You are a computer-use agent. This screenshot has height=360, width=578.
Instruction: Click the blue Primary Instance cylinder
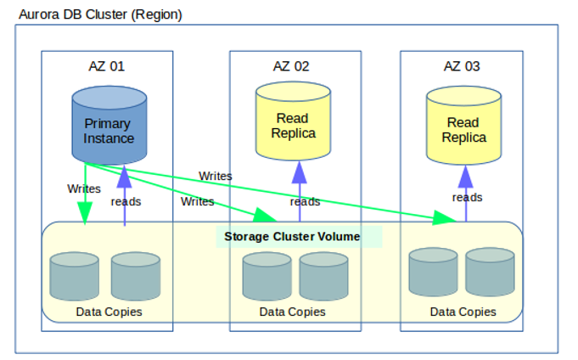[108, 130]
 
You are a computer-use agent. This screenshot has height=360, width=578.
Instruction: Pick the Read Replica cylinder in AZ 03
[464, 130]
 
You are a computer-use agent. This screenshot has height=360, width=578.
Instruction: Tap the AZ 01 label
[107, 66]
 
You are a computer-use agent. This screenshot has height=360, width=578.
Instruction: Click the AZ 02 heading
[291, 66]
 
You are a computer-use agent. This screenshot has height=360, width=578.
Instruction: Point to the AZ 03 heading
[462, 66]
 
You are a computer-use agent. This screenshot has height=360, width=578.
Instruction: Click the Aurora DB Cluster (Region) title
[100, 15]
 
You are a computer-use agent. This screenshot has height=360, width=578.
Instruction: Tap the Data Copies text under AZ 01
[109, 312]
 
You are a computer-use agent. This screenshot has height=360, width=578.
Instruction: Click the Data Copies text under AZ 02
[292, 312]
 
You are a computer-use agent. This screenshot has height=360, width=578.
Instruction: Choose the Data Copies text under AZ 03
[463, 312]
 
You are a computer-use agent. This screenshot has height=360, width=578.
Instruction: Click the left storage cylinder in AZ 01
[75, 275]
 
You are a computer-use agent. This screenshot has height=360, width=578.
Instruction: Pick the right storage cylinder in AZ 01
[136, 275]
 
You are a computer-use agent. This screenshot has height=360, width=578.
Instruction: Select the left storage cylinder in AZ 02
[267, 275]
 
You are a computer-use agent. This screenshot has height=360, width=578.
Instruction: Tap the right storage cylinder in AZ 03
[490, 272]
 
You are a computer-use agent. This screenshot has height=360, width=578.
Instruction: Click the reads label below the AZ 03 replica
[467, 197]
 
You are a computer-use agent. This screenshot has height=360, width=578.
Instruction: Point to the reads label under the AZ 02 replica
[305, 202]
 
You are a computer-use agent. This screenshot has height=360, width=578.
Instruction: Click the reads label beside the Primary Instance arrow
[126, 202]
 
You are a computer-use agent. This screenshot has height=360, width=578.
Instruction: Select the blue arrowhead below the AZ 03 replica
[465, 177]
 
